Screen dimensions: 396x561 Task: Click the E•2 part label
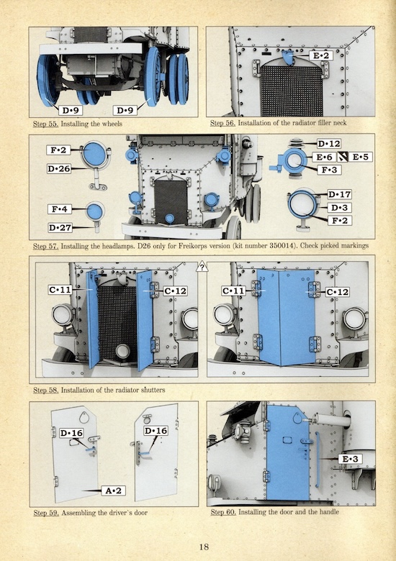(321, 56)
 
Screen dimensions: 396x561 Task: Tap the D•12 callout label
(329, 144)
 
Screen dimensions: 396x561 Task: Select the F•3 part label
(329, 170)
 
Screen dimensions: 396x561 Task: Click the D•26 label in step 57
(59, 168)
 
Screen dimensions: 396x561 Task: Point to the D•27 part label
(60, 227)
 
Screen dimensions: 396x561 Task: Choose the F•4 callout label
(60, 209)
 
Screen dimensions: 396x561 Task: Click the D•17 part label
(340, 195)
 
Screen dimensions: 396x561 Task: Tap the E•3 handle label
(350, 459)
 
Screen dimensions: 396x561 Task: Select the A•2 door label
(114, 491)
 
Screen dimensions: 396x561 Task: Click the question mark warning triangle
(202, 267)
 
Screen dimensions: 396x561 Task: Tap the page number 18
(204, 547)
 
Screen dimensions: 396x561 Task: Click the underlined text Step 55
(45, 124)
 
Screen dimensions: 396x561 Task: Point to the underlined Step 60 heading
(223, 512)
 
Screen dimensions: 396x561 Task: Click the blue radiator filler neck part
(287, 58)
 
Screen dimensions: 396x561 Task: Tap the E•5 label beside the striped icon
(361, 157)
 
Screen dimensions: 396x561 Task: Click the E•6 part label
(325, 157)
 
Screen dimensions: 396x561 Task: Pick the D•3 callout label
(339, 208)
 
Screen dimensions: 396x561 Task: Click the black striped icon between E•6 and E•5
(343, 157)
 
